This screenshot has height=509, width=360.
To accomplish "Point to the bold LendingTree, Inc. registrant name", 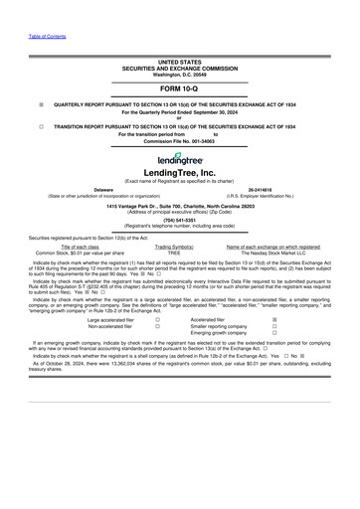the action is pos(180,173).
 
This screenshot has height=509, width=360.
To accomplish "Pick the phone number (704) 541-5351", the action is pos(179,221).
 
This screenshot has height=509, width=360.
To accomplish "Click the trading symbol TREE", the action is pos(174,253).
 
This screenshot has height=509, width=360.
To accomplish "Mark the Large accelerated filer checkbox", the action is pos(158,348).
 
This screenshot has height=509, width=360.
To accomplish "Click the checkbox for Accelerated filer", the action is pos(273,348).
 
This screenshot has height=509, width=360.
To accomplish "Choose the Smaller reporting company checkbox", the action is pos(273,355).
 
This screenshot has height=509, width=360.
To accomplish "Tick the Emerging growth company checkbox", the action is pos(273,363).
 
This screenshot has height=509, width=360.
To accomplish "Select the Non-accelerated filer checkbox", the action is pos(158,355).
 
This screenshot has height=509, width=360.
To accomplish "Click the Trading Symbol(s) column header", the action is pos(174,246).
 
